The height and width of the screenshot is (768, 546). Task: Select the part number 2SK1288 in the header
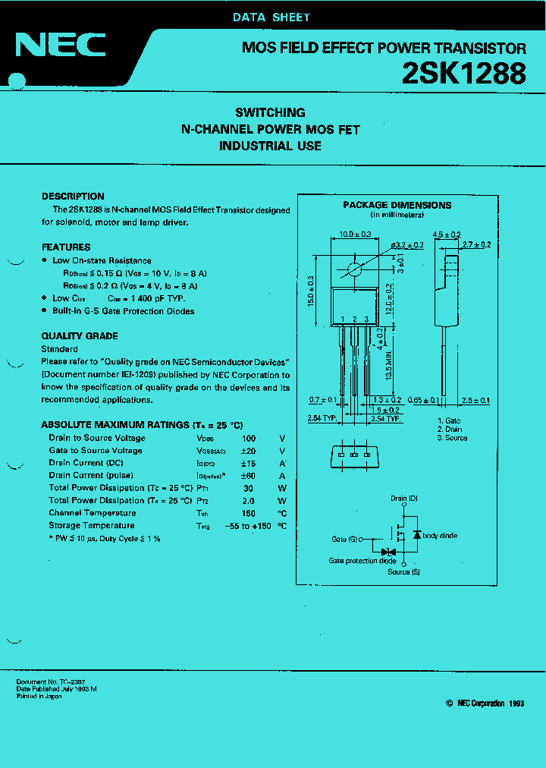(x=463, y=74)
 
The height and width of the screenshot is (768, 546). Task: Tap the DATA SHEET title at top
(x=271, y=17)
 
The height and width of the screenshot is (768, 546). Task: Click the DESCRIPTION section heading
(x=73, y=196)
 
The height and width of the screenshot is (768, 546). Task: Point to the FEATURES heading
(x=66, y=247)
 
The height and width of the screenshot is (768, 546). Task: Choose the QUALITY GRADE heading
(x=80, y=336)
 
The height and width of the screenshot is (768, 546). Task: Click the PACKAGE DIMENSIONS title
(x=397, y=205)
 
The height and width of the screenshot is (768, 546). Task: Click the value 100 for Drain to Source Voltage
(x=249, y=438)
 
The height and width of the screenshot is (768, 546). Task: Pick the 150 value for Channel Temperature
(x=249, y=513)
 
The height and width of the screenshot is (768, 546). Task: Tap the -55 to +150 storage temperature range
(x=246, y=525)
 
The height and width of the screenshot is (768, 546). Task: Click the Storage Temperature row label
(x=92, y=525)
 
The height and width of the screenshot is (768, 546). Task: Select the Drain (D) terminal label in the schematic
(x=404, y=499)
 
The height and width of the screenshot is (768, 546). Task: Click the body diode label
(x=440, y=536)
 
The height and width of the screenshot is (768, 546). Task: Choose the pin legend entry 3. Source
(x=453, y=438)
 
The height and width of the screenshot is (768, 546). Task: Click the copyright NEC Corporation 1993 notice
(x=485, y=703)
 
